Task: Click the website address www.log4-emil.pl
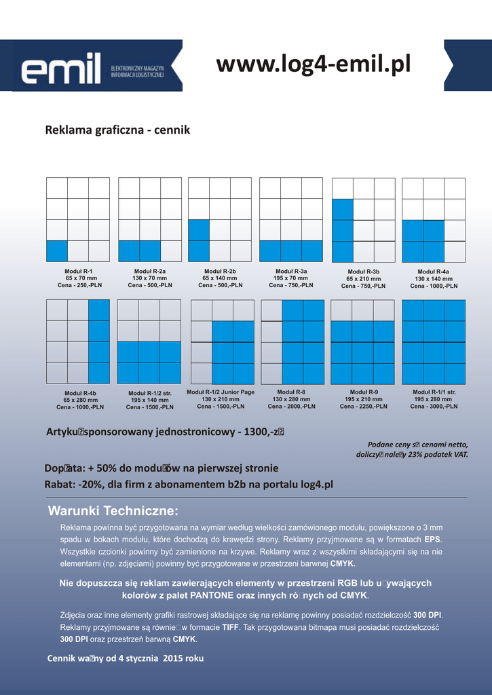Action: pyautogui.click(x=314, y=64)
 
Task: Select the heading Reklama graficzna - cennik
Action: pyautogui.click(x=117, y=130)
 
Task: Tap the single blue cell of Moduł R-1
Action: pyautogui.click(x=57, y=251)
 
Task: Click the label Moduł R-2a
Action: pyautogui.click(x=150, y=271)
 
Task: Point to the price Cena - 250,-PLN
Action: pyautogui.click(x=79, y=285)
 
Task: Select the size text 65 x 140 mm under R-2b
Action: pyautogui.click(x=220, y=278)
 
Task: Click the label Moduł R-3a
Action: pyautogui.click(x=290, y=271)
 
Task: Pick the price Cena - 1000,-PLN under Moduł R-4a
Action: pyautogui.click(x=434, y=286)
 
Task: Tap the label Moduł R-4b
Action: pyautogui.click(x=80, y=393)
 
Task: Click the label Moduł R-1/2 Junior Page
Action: pyautogui.click(x=221, y=392)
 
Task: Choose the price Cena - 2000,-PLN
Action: pyautogui.click(x=291, y=407)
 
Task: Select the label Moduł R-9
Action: pyautogui.click(x=364, y=392)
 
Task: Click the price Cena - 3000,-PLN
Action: pyautogui.click(x=434, y=407)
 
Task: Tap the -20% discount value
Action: pyautogui.click(x=90, y=485)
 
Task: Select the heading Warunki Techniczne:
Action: pyautogui.click(x=113, y=511)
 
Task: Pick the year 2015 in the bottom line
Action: pyautogui.click(x=174, y=658)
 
